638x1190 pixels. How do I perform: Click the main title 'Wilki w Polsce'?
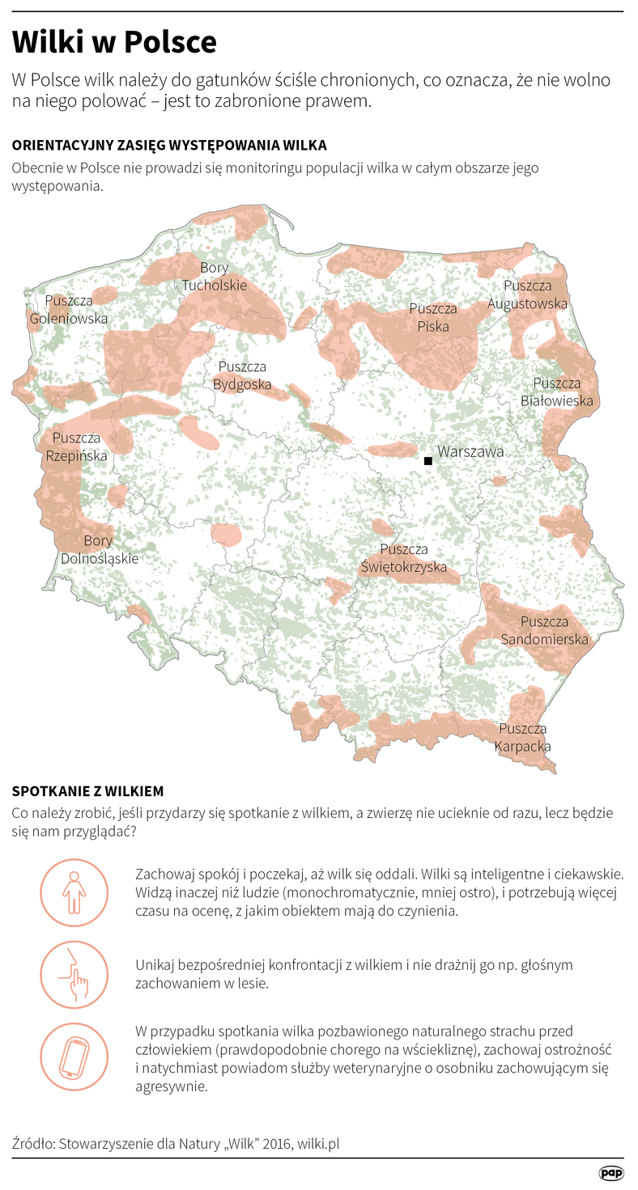pyautogui.click(x=114, y=43)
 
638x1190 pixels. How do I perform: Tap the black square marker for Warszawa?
pyautogui.click(x=427, y=461)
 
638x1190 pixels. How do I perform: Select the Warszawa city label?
pyautogui.click(x=470, y=451)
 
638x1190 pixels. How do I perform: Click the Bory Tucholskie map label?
pyautogui.click(x=214, y=277)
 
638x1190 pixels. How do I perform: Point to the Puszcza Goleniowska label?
pyautogui.click(x=68, y=310)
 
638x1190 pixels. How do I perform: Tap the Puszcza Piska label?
pyautogui.click(x=433, y=318)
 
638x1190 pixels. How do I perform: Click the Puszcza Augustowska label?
pyautogui.click(x=527, y=294)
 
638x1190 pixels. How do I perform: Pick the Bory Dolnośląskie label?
pyautogui.click(x=99, y=549)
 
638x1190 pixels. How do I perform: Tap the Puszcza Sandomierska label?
pyautogui.click(x=544, y=631)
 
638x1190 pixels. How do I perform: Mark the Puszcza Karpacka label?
pyautogui.click(x=523, y=738)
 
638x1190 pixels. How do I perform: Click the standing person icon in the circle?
pyautogui.click(x=74, y=892)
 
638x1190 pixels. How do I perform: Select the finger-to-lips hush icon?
pyautogui.click(x=74, y=975)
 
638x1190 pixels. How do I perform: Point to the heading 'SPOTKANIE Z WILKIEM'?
pyautogui.click(x=88, y=790)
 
